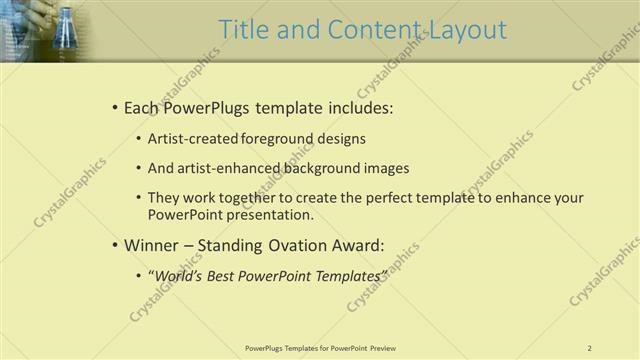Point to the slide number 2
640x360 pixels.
click(x=590, y=348)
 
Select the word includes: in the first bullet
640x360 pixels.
click(x=359, y=107)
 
